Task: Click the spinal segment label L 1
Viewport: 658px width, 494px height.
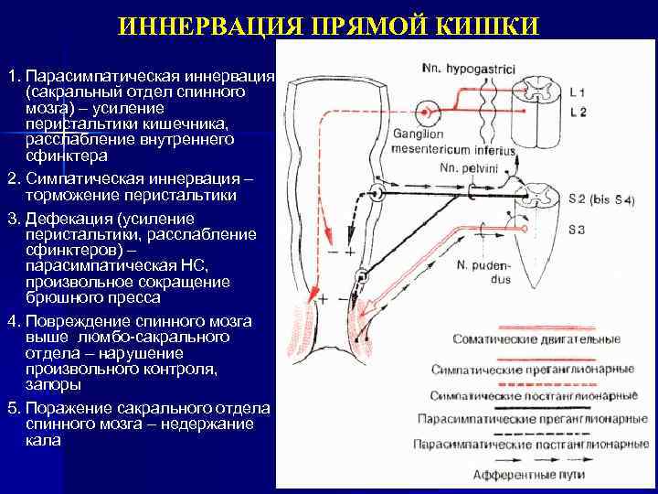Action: [x=578, y=92]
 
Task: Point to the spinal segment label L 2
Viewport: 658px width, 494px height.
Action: [x=578, y=112]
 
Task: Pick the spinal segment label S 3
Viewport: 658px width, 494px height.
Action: [x=577, y=228]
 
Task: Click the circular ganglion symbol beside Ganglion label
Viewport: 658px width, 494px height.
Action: [x=425, y=113]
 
